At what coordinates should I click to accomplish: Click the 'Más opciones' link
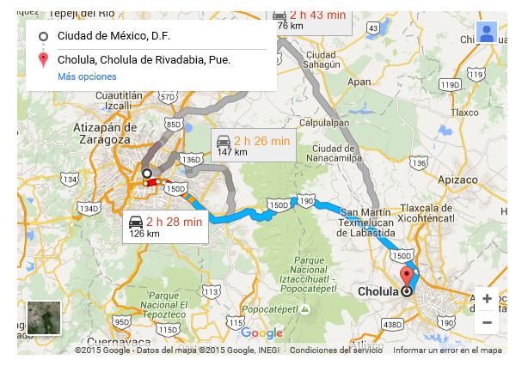pyautogui.click(x=87, y=77)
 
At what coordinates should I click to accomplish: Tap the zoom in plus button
pyautogui.click(x=487, y=299)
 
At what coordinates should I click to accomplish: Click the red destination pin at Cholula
pyautogui.click(x=407, y=277)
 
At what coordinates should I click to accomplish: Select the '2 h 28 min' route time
pyautogui.click(x=174, y=222)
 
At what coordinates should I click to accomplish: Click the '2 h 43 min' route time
pyautogui.click(x=319, y=15)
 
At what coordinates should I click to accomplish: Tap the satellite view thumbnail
pyautogui.click(x=43, y=317)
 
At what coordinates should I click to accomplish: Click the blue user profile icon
pyautogui.click(x=487, y=34)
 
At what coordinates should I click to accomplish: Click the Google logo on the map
pyautogui.click(x=261, y=333)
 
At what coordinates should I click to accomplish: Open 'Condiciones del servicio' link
pyautogui.click(x=336, y=351)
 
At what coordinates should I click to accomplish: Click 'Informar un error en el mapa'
pyautogui.click(x=447, y=351)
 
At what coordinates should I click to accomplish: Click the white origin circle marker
pyautogui.click(x=147, y=173)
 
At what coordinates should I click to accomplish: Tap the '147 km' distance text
pyautogui.click(x=231, y=152)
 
